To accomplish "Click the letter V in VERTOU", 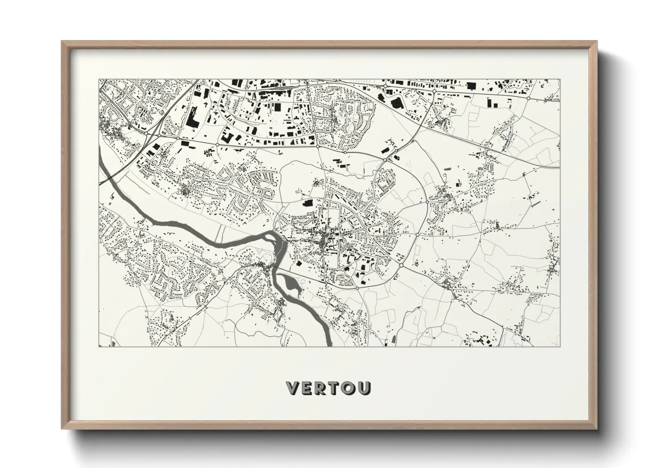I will click(x=294, y=388).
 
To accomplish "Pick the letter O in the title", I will click(x=349, y=388).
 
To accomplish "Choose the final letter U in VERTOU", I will click(x=364, y=388).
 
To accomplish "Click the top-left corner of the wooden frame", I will click(x=62, y=42).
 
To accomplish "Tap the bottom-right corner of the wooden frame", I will click(x=596, y=429).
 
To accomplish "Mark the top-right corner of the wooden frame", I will click(x=596, y=42).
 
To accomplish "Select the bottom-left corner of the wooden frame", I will click(x=62, y=429).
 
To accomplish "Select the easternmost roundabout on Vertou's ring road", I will click(x=417, y=234).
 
